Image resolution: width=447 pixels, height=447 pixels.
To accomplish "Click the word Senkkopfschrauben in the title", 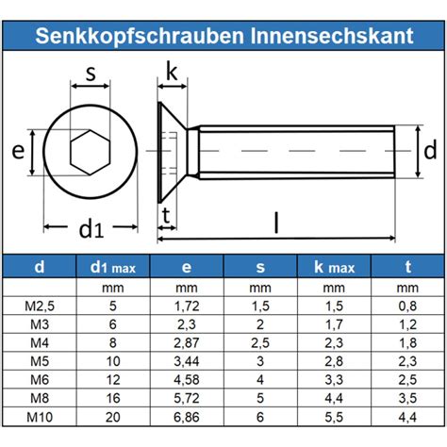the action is tap(140, 36).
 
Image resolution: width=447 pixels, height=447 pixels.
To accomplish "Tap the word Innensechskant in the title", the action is tap(332, 36).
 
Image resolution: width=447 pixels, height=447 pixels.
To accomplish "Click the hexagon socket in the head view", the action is tap(91, 152).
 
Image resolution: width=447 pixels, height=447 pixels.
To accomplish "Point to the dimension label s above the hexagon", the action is tap(91, 74).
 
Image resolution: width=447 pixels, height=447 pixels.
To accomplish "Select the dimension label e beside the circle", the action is tap(18, 151).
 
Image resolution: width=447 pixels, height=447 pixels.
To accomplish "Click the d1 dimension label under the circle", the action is tap(91, 229).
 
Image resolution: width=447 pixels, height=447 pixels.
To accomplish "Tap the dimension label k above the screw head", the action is tap(172, 73).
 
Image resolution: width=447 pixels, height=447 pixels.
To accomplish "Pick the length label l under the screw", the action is tap(276, 223).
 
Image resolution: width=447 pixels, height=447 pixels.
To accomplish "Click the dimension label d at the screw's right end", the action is tap(430, 150).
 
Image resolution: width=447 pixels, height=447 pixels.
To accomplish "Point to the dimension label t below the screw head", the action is tap(166, 216).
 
